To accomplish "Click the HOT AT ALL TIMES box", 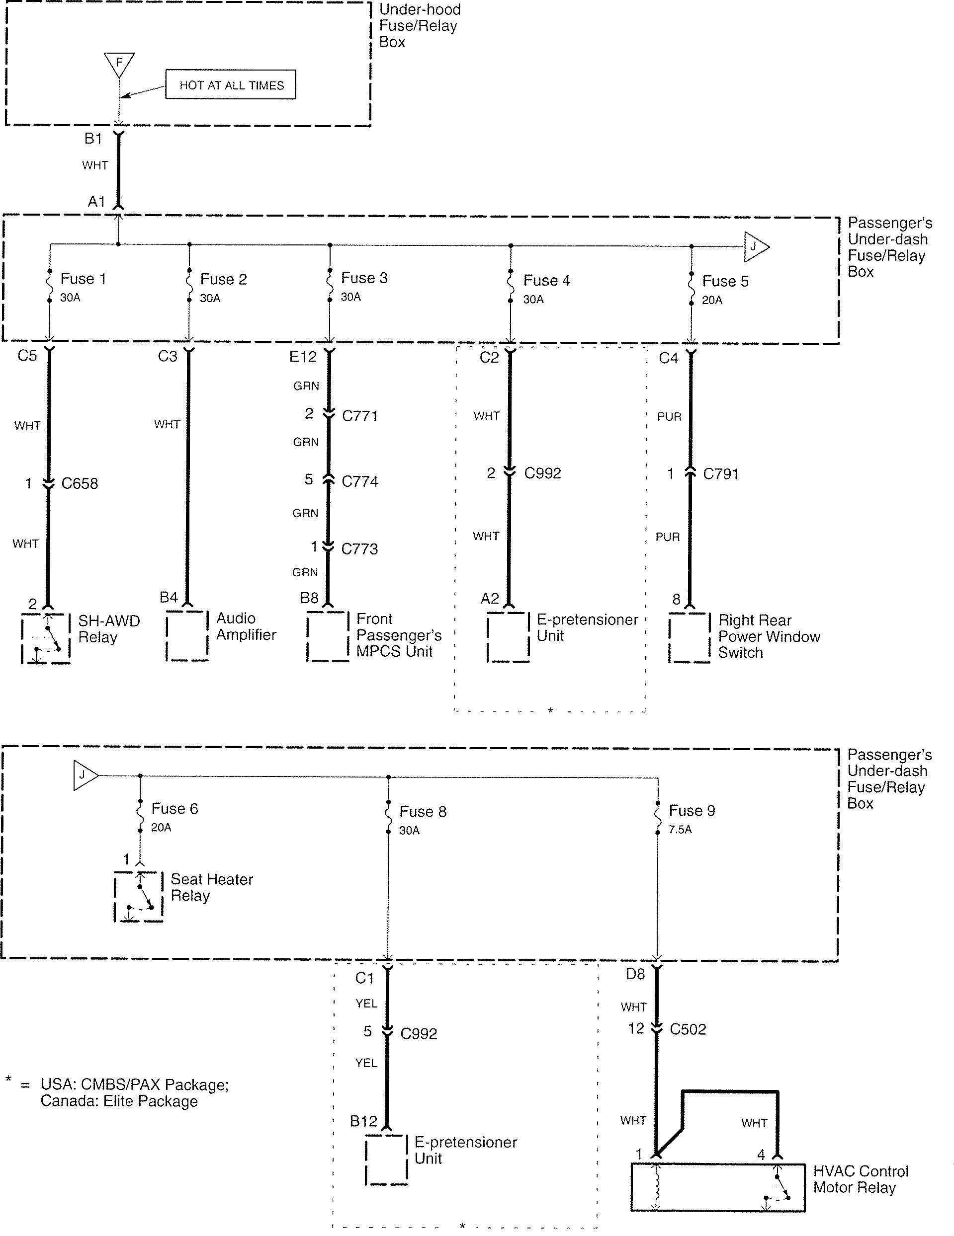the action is click(231, 85).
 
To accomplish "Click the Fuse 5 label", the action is click(725, 281).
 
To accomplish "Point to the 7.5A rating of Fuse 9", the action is click(680, 830).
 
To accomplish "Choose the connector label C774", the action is click(360, 481).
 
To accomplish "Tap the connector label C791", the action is click(721, 474).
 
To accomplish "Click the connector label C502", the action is click(688, 1029).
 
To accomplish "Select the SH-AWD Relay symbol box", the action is click(46, 638).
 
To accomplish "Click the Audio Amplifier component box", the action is click(187, 635).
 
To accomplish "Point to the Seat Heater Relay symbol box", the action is click(139, 896).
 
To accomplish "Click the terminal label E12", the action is click(303, 357).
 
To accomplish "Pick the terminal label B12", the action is click(363, 1121).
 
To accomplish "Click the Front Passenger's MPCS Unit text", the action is click(399, 635).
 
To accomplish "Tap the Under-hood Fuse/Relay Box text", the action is click(420, 25).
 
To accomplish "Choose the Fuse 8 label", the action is click(423, 812).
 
